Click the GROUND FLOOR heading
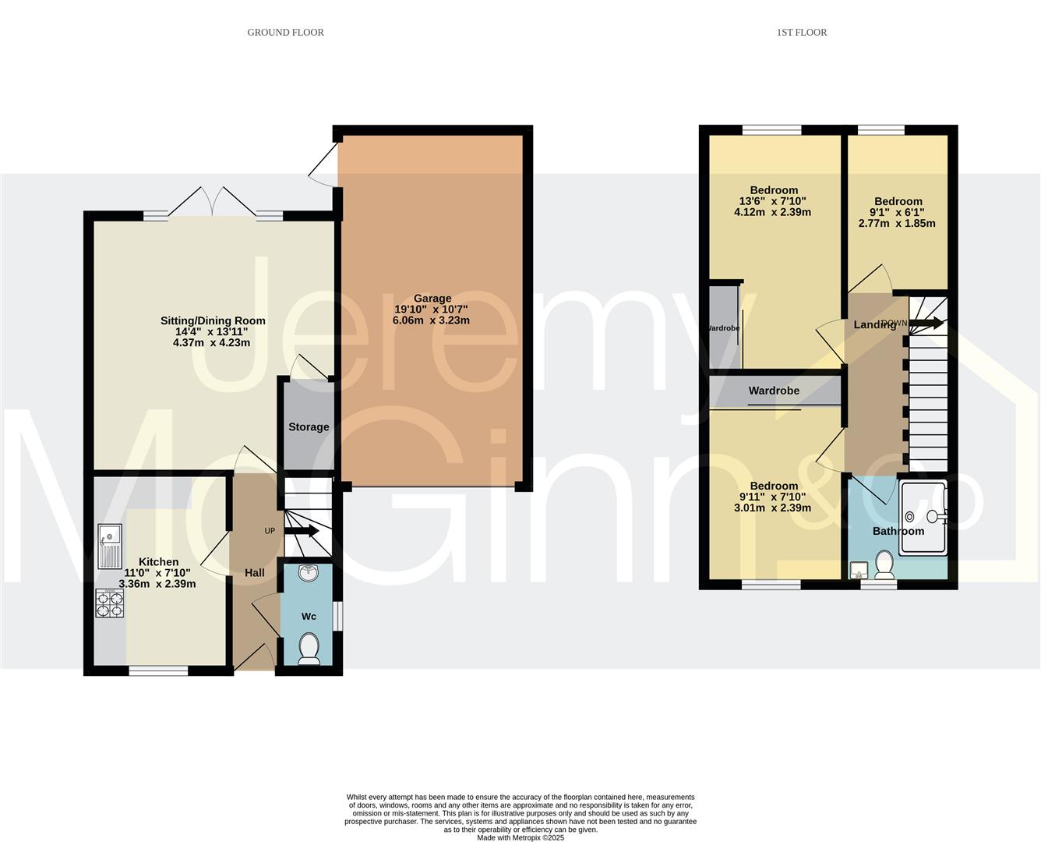coord(285,32)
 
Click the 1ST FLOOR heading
coord(801,32)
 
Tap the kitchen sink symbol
coord(109,546)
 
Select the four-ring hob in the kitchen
coord(109,603)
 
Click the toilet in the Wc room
coord(309,649)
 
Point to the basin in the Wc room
coord(309,573)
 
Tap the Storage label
coord(309,427)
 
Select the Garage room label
coord(432,299)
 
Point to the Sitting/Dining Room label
coord(213,320)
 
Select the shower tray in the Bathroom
coord(923,518)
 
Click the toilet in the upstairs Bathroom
coord(884,564)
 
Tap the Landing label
coord(874,325)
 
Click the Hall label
coord(255,573)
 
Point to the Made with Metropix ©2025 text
coord(520,837)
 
